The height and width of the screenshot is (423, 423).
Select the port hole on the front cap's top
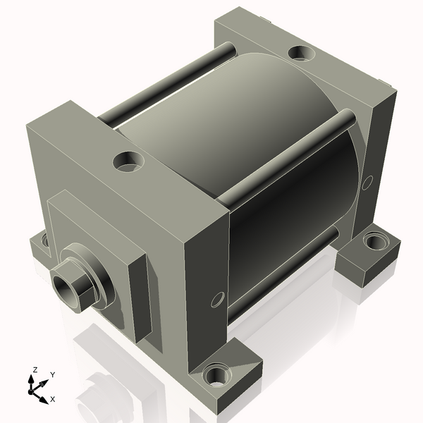coord(128,161)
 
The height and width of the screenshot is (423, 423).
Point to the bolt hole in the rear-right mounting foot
coord(372,244)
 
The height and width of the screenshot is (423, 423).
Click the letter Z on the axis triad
coord(35,369)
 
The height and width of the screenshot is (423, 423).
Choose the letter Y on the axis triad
coord(52,374)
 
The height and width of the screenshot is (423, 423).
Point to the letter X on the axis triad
coord(52,399)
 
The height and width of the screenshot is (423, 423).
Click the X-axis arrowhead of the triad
coord(44,396)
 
